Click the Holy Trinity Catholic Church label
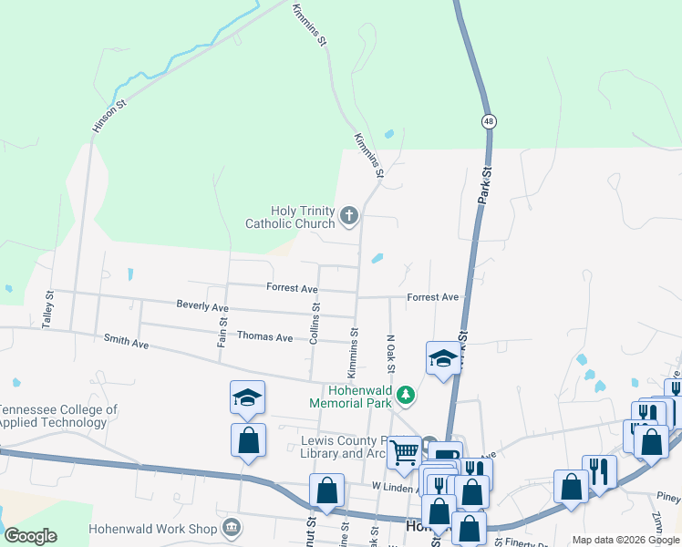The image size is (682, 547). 290,217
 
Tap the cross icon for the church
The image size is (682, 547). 347,216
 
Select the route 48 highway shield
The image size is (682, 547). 490,121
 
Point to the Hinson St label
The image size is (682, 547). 106,117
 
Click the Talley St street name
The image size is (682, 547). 49,310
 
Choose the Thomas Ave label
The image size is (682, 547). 264,337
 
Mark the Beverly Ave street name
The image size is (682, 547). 202,307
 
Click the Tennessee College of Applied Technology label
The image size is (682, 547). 58,417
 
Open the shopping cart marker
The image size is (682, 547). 403,452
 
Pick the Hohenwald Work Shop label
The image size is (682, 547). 152,529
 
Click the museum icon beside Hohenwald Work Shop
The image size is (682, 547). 232,528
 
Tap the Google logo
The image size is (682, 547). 30,536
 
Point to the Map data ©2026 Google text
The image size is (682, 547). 625,540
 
